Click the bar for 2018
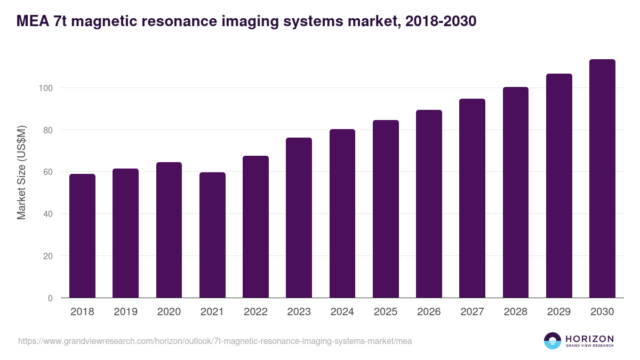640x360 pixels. (82, 236)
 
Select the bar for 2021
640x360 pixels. (212, 235)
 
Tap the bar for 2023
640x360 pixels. (299, 218)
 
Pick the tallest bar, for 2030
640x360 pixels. (602, 179)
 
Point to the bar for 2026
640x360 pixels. (429, 204)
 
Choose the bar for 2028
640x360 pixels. (515, 193)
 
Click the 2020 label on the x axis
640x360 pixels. (169, 312)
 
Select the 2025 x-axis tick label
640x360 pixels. (386, 312)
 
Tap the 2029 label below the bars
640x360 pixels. (559, 312)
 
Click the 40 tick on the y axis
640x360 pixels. (48, 214)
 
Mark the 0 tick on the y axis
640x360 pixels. (51, 298)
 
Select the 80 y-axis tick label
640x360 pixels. (48, 130)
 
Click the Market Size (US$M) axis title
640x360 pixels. (21, 172)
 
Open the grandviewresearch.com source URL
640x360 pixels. (215, 341)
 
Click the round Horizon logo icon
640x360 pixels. (553, 341)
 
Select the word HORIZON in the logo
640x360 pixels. (589, 338)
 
